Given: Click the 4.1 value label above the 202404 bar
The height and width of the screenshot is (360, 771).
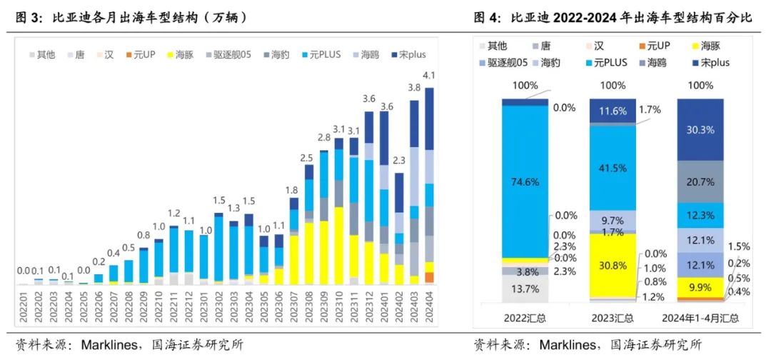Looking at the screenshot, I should pyautogui.click(x=429, y=76).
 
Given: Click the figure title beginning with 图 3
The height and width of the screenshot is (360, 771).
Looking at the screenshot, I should pyautogui.click(x=132, y=18).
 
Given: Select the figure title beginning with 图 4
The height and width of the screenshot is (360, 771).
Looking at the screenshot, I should pyautogui.click(x=613, y=18).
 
